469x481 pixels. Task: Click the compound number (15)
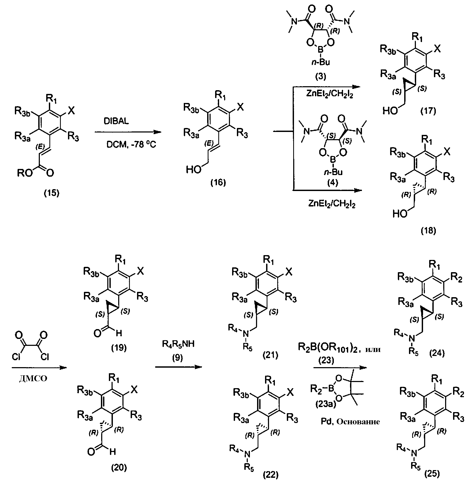pyautogui.click(x=52, y=193)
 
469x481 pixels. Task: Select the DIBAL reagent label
pyautogui.click(x=116, y=121)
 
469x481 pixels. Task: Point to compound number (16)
pyautogui.click(x=218, y=183)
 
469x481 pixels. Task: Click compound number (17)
pyautogui.click(x=428, y=111)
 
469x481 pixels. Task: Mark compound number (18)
pyautogui.click(x=428, y=231)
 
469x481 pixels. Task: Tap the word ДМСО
pyautogui.click(x=33, y=379)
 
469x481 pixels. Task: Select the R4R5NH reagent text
pyautogui.click(x=178, y=344)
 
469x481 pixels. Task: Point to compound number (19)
pyautogui.click(x=119, y=347)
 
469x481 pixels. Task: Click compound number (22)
pyautogui.click(x=271, y=474)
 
